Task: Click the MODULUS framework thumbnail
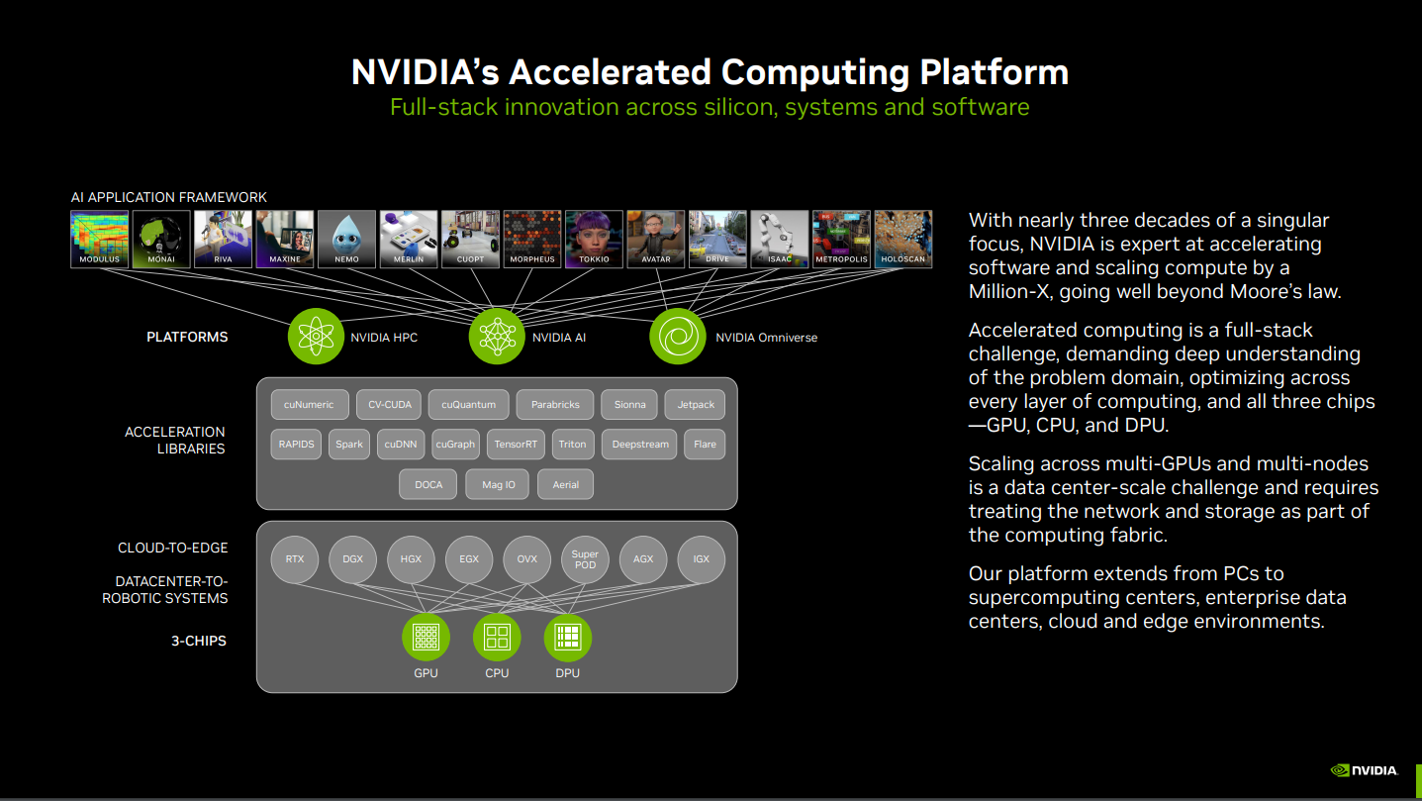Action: click(100, 239)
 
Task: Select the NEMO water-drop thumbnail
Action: click(346, 239)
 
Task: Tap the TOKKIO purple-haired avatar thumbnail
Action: click(594, 239)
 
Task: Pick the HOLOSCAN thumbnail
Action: click(903, 239)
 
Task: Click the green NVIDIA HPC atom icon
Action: click(316, 336)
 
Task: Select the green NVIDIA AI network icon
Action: click(497, 336)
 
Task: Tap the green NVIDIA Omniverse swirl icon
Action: click(678, 336)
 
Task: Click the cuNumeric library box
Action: click(309, 405)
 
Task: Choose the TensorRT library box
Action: click(516, 444)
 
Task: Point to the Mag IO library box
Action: click(498, 485)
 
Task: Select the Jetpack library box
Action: click(695, 405)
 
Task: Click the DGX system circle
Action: click(353, 559)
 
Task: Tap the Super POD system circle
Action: click(585, 559)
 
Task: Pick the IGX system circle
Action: click(701, 559)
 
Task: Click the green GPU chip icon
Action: click(426, 637)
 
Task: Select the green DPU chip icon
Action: click(568, 637)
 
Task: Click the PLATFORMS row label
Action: click(187, 338)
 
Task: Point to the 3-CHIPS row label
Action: click(199, 641)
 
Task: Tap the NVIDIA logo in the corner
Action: click(1365, 770)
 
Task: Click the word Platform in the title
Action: click(995, 72)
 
